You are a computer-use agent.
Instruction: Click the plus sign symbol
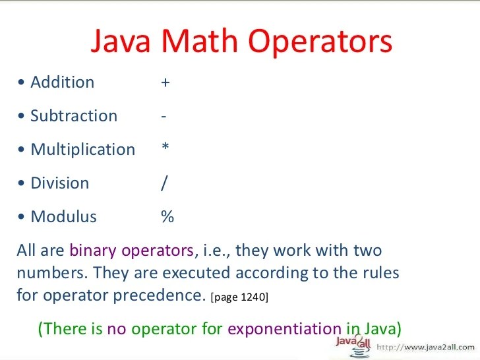(165, 82)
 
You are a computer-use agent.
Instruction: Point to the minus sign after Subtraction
(163, 117)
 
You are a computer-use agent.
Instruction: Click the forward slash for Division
(164, 183)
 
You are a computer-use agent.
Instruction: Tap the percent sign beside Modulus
(167, 217)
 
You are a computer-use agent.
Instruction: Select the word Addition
(62, 82)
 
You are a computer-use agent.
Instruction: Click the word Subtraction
(74, 116)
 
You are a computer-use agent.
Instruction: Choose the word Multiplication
(82, 150)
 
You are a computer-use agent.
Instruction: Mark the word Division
(59, 183)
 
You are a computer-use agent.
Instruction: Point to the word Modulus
(63, 217)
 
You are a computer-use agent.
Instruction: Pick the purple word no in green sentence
(117, 328)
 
